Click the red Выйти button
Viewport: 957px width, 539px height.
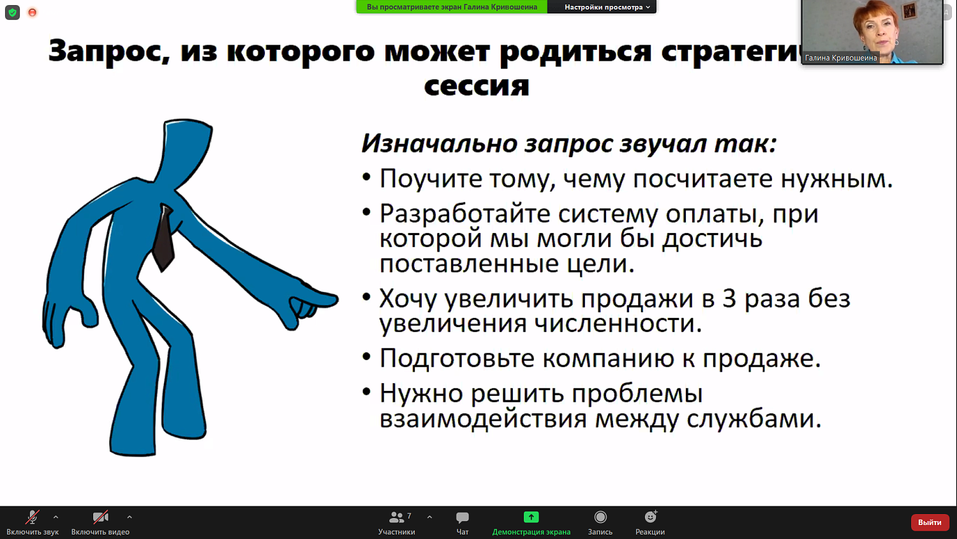[930, 522]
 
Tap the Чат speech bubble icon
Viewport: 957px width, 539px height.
[463, 517]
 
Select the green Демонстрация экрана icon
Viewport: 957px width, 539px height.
[531, 517]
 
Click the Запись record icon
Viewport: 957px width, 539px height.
[600, 517]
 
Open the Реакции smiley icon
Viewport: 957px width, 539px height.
[650, 517]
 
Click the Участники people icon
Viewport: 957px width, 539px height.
[397, 517]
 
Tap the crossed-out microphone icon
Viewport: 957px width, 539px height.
[33, 517]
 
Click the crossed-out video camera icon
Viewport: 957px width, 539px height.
[100, 517]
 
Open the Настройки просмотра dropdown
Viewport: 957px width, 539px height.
[607, 7]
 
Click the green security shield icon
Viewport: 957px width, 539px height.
[12, 12]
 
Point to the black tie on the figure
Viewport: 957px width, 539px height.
[163, 239]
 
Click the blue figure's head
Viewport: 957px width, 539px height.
[186, 144]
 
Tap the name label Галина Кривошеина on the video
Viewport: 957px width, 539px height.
[841, 58]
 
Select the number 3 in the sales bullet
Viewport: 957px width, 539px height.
[729, 299]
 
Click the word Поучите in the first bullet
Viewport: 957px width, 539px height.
[431, 179]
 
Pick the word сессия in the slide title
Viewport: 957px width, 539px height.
[477, 86]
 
